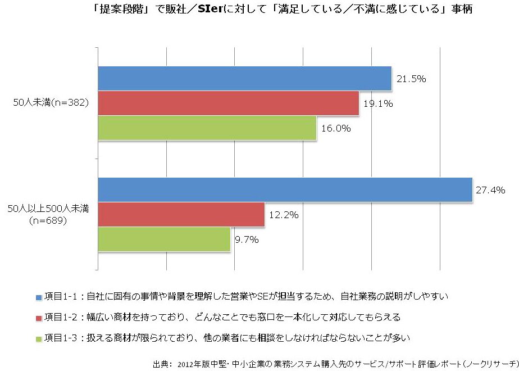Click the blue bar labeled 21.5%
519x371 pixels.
tap(245, 78)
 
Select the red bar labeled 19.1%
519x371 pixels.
tap(229, 103)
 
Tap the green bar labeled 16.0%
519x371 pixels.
tap(207, 128)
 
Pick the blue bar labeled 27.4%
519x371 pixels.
tap(285, 189)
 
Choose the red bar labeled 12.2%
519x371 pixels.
tap(181, 214)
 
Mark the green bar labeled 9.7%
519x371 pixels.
tap(164, 239)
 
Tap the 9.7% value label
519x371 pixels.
tap(246, 240)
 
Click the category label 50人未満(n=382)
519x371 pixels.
tap(51, 103)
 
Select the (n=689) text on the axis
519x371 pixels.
tap(48, 220)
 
